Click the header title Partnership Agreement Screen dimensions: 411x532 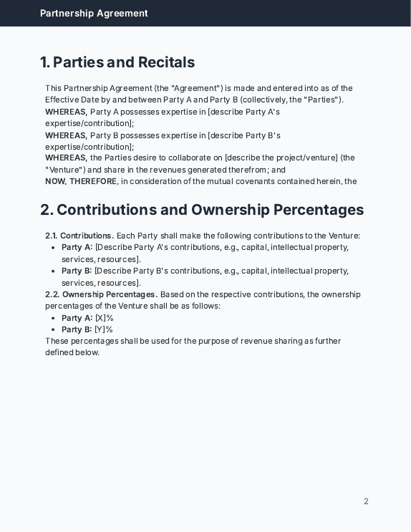coord(94,13)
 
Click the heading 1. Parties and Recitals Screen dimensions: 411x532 coord(117,62)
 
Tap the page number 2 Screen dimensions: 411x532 coord(366,501)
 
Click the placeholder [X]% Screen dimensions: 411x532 coord(105,318)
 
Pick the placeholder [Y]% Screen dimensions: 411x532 coord(104,329)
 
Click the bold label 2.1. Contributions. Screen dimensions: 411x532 coord(79,236)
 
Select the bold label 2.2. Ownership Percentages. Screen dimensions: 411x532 coord(101,294)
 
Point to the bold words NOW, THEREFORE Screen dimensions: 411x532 coord(81,181)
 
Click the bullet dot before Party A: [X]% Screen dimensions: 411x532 coord(54,318)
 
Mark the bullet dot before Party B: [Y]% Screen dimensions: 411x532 coord(54,329)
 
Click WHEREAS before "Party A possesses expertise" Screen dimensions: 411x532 coord(66,112)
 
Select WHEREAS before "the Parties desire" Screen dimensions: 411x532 coord(66,158)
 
